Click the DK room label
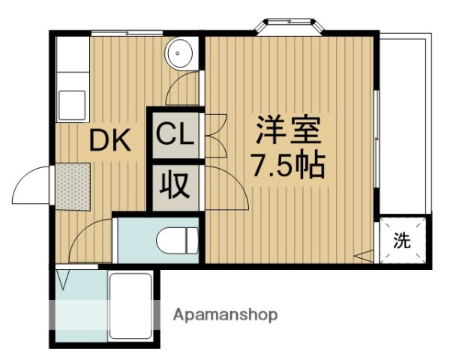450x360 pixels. tap(111, 139)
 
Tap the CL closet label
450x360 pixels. tap(175, 136)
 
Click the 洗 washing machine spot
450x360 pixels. tap(403, 241)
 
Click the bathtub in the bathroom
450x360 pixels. tap(131, 307)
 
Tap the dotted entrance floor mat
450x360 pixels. tap(70, 184)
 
